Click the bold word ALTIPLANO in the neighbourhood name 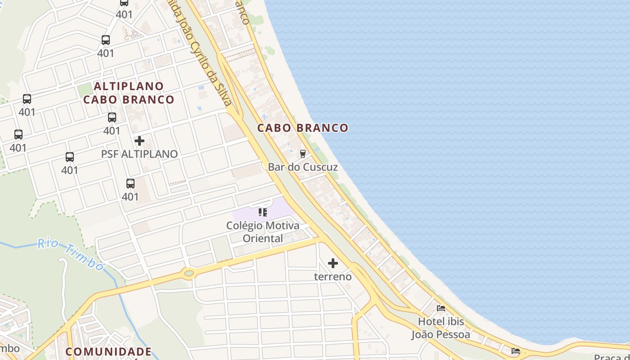[129, 85]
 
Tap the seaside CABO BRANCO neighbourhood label [303, 128]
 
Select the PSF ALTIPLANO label [139, 154]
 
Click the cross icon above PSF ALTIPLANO [139, 141]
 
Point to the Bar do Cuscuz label [303, 167]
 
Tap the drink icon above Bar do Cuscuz [303, 153]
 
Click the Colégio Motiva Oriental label [263, 232]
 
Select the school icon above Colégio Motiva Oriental [263, 212]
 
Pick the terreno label [333, 276]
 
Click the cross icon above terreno [333, 263]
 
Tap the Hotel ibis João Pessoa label [441, 328]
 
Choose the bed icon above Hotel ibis [441, 308]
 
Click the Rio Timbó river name [71, 254]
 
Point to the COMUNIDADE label [108, 351]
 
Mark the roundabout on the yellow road [189, 273]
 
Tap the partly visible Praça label [612, 357]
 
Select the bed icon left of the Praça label [516, 351]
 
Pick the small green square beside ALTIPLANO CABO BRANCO [84, 90]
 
